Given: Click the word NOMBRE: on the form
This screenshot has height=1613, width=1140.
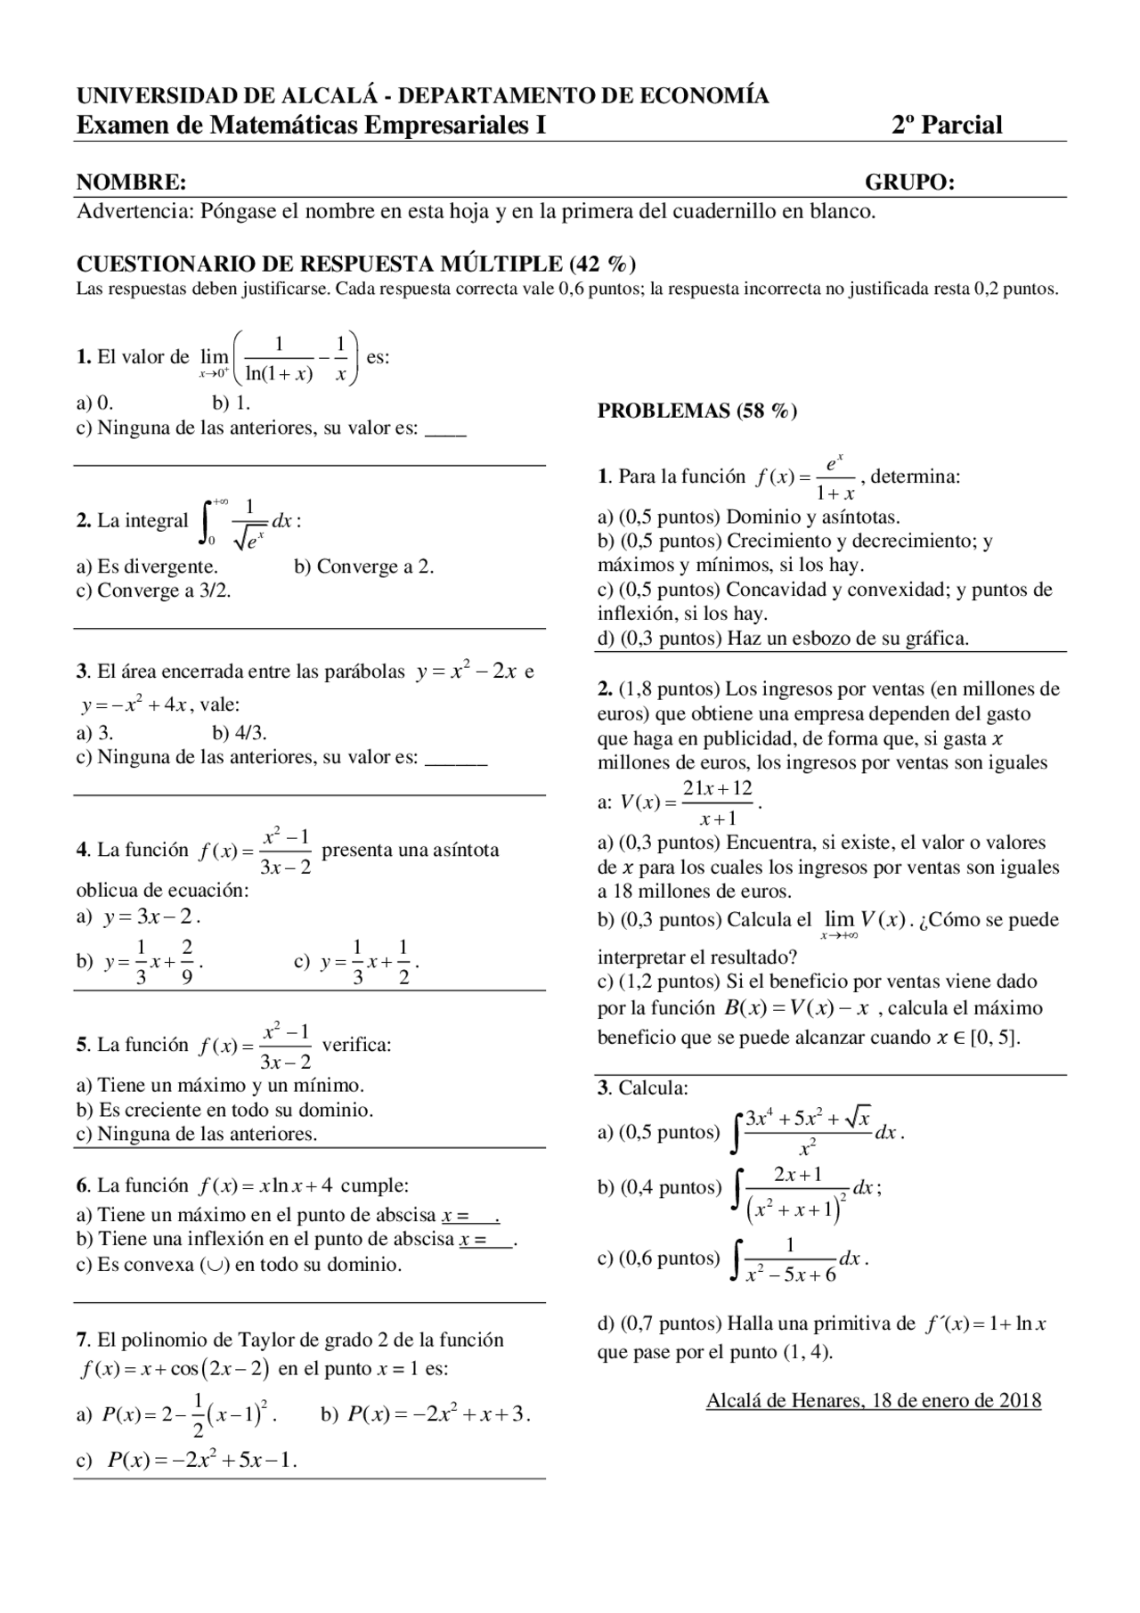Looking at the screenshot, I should click(131, 183).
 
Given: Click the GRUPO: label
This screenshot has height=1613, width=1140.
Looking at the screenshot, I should click(909, 183).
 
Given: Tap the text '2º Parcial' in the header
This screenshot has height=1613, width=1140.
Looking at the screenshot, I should click(947, 126).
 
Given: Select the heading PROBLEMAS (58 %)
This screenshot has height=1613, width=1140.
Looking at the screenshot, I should click(696, 411).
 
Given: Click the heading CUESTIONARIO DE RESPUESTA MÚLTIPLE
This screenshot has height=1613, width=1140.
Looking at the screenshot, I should click(355, 264).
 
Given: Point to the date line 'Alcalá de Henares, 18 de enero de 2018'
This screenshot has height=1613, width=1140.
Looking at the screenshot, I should click(873, 1400).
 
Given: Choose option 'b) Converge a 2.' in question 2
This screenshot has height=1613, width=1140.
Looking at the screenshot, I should click(363, 566).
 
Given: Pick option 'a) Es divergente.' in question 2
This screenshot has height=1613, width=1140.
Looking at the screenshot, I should click(147, 566).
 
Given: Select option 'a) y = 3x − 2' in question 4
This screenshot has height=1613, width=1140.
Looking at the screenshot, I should click(138, 916).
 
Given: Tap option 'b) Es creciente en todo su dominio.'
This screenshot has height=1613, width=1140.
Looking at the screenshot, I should click(224, 1110).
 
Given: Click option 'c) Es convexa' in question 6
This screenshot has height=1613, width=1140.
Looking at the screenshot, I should click(239, 1265).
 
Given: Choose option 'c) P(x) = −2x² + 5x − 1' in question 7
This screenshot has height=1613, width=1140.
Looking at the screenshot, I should click(187, 1460).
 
